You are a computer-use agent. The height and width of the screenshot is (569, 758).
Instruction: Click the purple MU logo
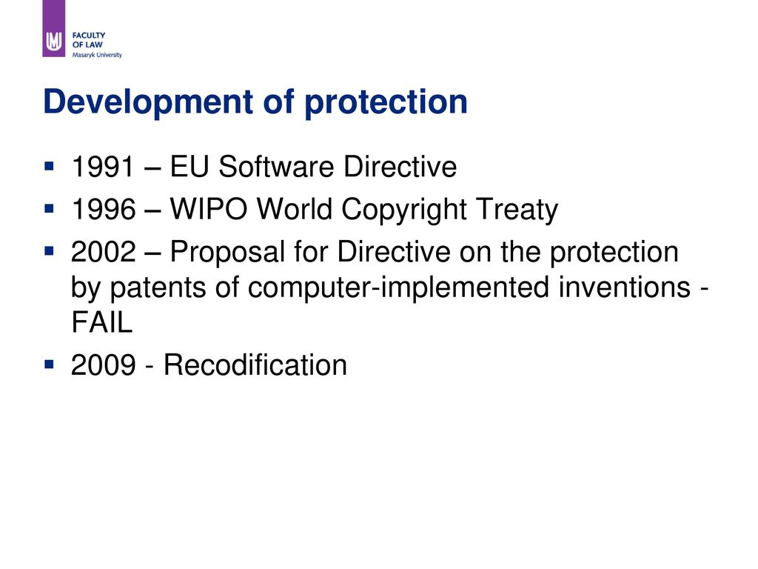tap(53, 29)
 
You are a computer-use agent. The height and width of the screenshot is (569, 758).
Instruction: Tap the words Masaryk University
tap(97, 55)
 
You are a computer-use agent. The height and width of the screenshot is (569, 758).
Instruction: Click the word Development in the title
tap(148, 102)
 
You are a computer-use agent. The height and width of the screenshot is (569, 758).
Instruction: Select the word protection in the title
tap(386, 102)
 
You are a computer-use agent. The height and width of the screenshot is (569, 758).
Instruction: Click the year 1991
tap(102, 167)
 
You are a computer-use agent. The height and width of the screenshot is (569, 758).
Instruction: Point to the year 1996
tap(104, 209)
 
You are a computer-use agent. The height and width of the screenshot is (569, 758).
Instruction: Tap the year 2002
tap(104, 252)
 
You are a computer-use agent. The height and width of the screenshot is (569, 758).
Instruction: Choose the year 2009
tap(104, 365)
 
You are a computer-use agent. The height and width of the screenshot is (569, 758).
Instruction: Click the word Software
tap(276, 167)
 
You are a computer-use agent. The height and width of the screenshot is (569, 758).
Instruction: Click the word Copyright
tap(404, 211)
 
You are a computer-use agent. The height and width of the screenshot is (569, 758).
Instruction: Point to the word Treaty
tap(517, 211)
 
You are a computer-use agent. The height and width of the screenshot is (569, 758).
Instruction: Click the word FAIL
tap(101, 322)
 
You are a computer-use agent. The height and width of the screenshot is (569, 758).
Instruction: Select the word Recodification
tap(255, 365)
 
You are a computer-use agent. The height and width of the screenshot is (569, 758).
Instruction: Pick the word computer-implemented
tap(398, 289)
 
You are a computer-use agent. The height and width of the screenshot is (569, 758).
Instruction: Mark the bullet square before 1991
tap(49, 167)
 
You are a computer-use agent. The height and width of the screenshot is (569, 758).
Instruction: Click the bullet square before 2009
tap(49, 364)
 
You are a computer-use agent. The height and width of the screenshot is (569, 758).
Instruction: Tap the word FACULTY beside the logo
tap(89, 36)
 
